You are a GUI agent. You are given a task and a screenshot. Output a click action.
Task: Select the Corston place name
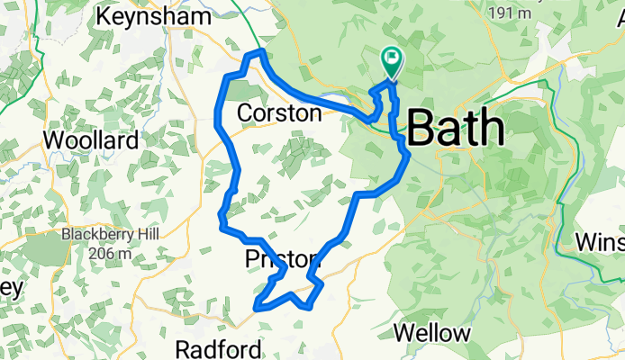[x=278, y=113]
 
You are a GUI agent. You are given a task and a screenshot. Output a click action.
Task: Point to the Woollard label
[x=91, y=140]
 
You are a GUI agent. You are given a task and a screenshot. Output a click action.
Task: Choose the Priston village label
[x=282, y=260]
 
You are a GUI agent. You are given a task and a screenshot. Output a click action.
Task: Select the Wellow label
[x=432, y=333]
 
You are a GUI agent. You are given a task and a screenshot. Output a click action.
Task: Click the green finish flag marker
[x=393, y=62]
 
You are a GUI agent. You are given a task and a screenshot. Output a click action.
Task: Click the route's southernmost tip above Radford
[x=258, y=307]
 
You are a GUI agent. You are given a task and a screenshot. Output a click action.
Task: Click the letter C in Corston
[x=245, y=113]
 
